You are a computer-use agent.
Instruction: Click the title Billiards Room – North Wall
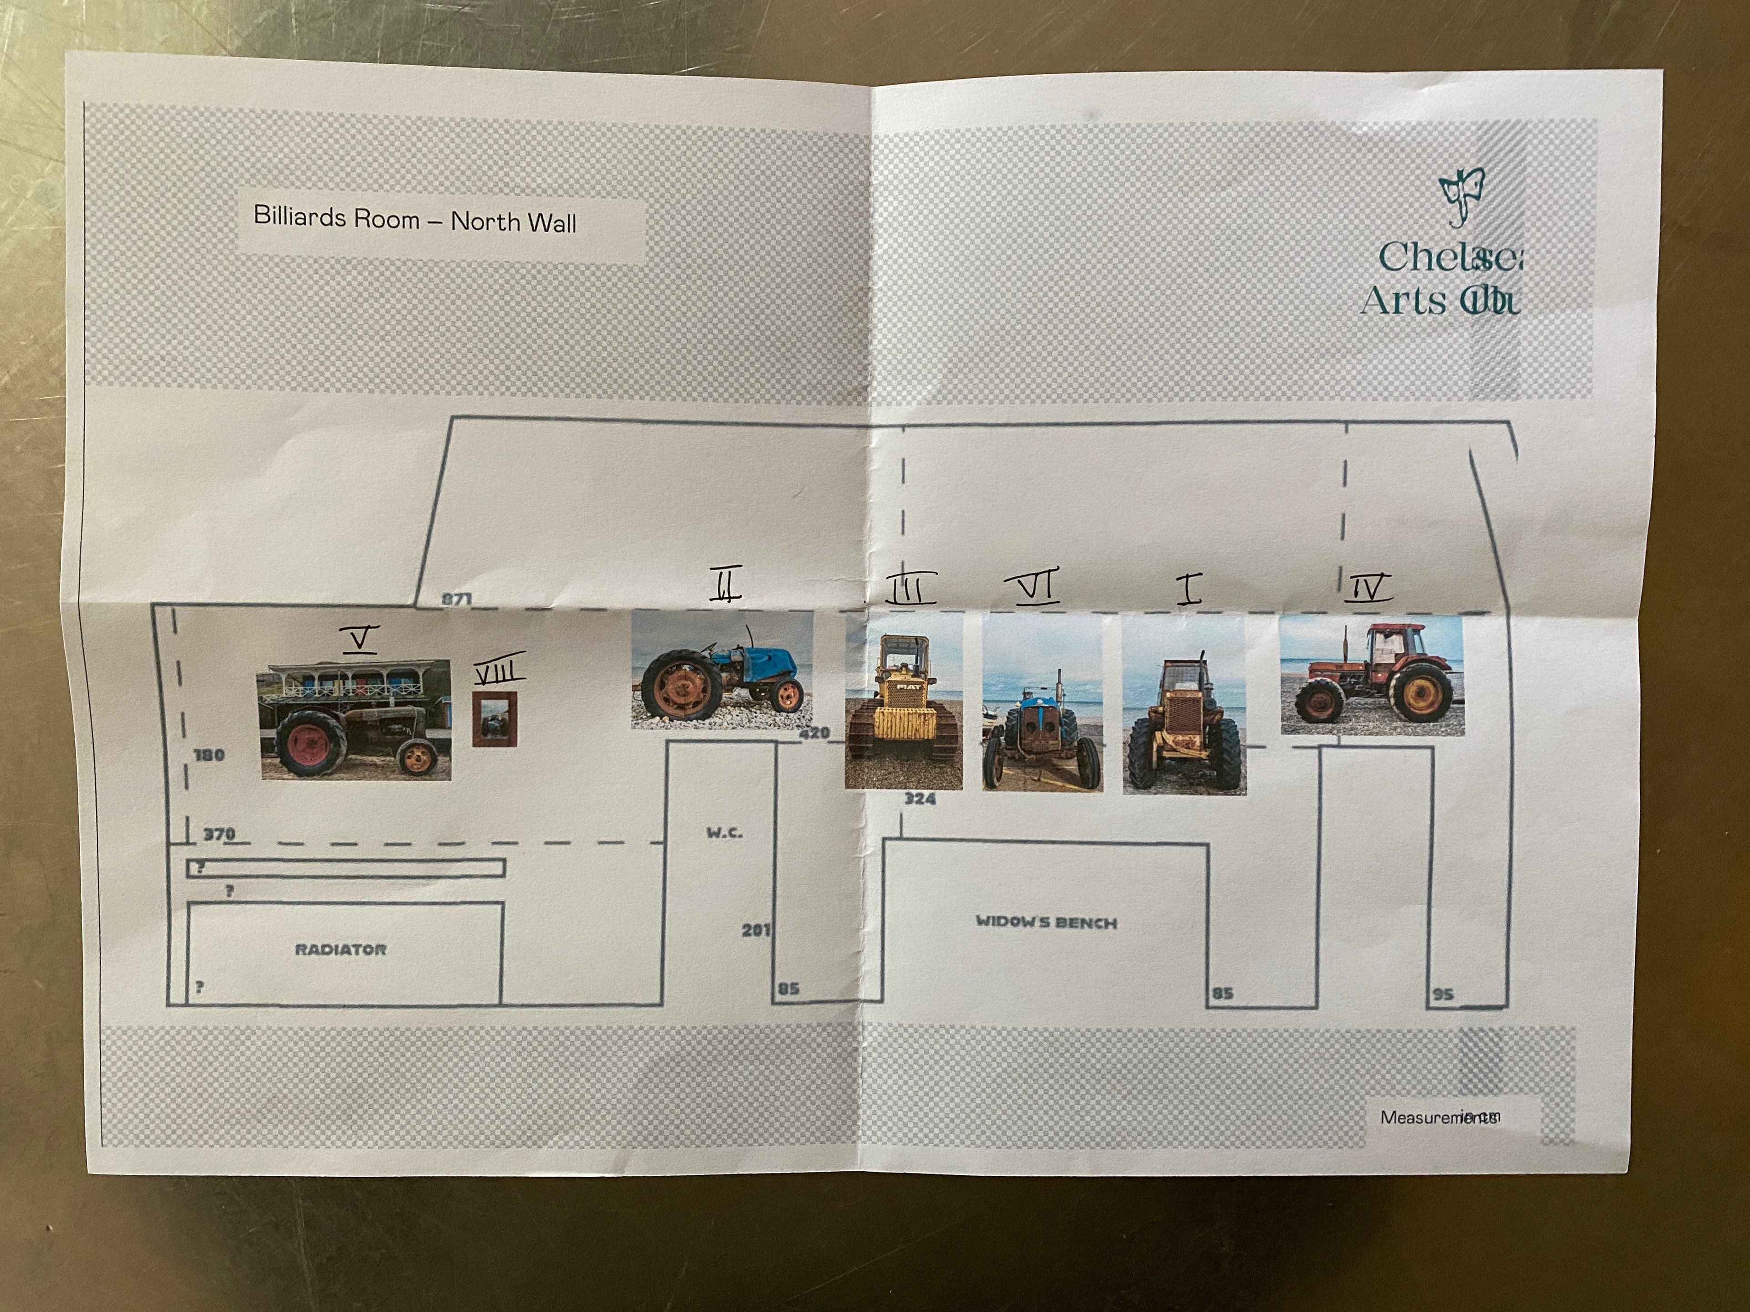click(x=415, y=219)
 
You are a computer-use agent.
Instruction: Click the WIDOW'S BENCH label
click(x=1046, y=922)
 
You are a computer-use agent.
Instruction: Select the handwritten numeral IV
click(x=1369, y=588)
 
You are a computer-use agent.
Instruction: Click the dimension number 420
click(x=815, y=733)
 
